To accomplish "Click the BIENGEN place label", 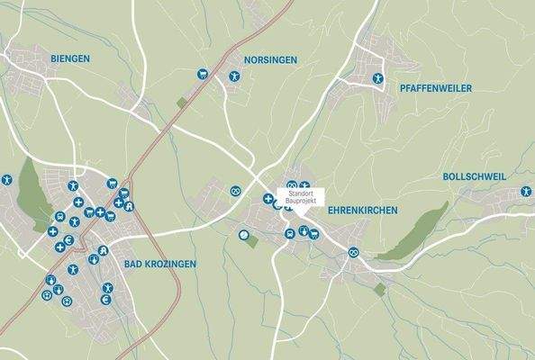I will (x=71, y=58).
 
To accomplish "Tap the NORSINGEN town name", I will (x=269, y=60).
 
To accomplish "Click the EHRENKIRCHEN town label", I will (x=362, y=209).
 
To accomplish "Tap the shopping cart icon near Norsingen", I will (x=202, y=74).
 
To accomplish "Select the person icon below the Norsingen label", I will (x=233, y=76).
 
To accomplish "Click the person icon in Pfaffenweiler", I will (x=379, y=78).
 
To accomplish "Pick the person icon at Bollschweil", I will (x=526, y=192).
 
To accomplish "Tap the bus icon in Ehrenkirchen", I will (x=289, y=234).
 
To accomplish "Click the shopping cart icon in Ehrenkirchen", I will (x=313, y=235).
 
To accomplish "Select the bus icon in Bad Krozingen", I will (x=59, y=217).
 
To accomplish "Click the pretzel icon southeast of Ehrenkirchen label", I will (x=354, y=251).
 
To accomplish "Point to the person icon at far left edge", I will (x=5, y=179).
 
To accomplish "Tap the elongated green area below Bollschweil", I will (x=413, y=232).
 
